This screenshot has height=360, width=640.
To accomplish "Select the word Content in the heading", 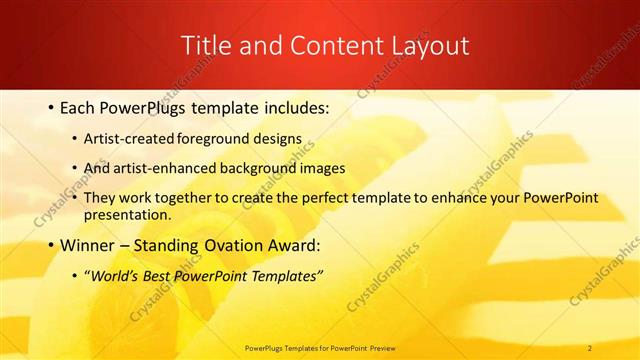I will coord(320,46).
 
